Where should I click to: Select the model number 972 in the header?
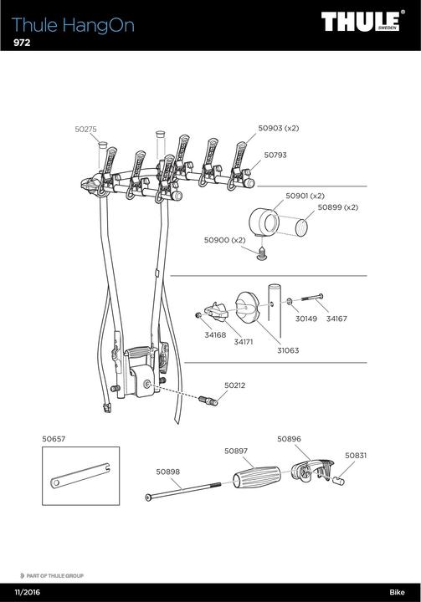pyautogui.click(x=23, y=43)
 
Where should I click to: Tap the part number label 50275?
pyautogui.click(x=86, y=129)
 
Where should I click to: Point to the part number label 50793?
pyautogui.click(x=275, y=155)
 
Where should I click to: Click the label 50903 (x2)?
pyautogui.click(x=278, y=129)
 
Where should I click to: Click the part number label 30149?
pyautogui.click(x=307, y=318)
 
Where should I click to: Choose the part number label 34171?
pyautogui.click(x=244, y=342)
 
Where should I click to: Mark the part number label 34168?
pyautogui.click(x=215, y=334)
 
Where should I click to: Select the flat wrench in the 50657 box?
pyautogui.click(x=80, y=478)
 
